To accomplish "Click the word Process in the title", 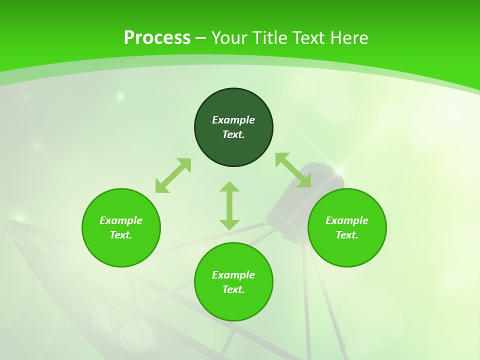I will coord(157,38).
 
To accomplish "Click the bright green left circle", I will coord(121,250).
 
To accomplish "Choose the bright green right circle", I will coord(347,250).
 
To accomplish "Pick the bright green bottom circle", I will coord(233,305).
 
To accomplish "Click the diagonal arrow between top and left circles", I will coord(173,175).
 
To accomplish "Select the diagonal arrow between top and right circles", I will coord(293,170).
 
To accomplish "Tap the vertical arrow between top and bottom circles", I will coord(229,205).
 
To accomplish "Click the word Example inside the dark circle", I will coord(233,120).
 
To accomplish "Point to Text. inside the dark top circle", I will coord(233,134).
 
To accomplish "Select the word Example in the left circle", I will coord(121,220).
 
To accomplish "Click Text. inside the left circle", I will coord(121,235).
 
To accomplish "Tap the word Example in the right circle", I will coord(347,220).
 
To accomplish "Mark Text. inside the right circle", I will coord(347,235).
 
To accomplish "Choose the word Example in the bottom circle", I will coord(233,275).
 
